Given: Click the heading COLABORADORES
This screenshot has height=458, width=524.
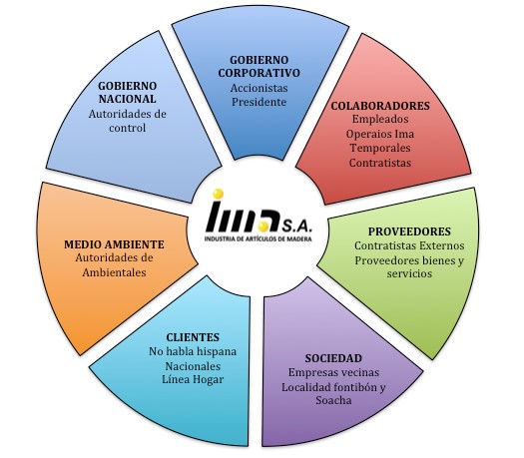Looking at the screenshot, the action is (x=380, y=106).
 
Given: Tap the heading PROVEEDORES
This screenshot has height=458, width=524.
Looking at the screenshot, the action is (x=409, y=231).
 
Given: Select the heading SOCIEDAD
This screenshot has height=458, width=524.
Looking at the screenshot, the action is (x=333, y=358).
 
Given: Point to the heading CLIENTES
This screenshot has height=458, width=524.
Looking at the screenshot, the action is (x=193, y=337).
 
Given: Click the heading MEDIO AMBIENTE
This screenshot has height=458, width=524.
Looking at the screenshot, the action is (x=114, y=244).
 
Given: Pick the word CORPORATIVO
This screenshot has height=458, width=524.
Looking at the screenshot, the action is (x=259, y=73).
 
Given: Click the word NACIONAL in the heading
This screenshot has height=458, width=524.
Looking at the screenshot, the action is (x=128, y=99).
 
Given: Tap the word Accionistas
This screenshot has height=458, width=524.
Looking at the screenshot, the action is (x=259, y=88).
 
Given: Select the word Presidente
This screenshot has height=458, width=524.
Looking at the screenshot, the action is (x=259, y=102).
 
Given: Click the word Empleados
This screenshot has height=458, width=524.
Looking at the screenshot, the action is (x=380, y=119).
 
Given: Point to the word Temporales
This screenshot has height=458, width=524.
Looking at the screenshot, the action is (x=380, y=148).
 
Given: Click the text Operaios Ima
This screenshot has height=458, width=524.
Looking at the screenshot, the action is (x=380, y=134).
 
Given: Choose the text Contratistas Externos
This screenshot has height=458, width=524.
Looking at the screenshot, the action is (x=409, y=245).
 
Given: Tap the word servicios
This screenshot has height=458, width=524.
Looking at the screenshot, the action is (x=409, y=273).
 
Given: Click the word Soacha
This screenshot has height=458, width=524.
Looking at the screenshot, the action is (x=333, y=400).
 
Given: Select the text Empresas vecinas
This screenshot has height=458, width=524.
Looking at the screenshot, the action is (x=333, y=372).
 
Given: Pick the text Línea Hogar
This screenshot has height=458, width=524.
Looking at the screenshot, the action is (x=193, y=379).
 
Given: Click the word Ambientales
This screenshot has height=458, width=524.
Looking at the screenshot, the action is (x=114, y=272).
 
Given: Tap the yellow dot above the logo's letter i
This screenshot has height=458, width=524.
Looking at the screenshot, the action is (x=218, y=194).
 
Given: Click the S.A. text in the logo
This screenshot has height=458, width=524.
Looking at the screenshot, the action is (x=296, y=228).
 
